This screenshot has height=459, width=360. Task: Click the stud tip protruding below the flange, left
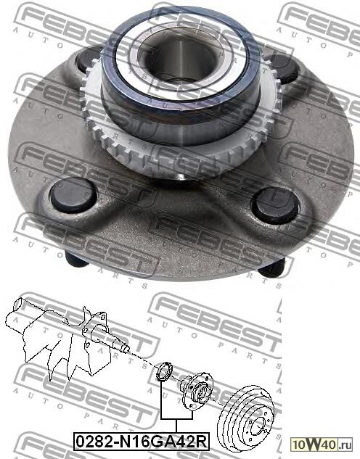[69, 257]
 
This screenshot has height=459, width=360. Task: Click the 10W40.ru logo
[324, 442]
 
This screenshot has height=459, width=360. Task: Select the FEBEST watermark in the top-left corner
[44, 15]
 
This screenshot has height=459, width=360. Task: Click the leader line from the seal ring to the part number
[161, 402]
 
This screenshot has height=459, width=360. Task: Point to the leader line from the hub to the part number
[193, 410]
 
